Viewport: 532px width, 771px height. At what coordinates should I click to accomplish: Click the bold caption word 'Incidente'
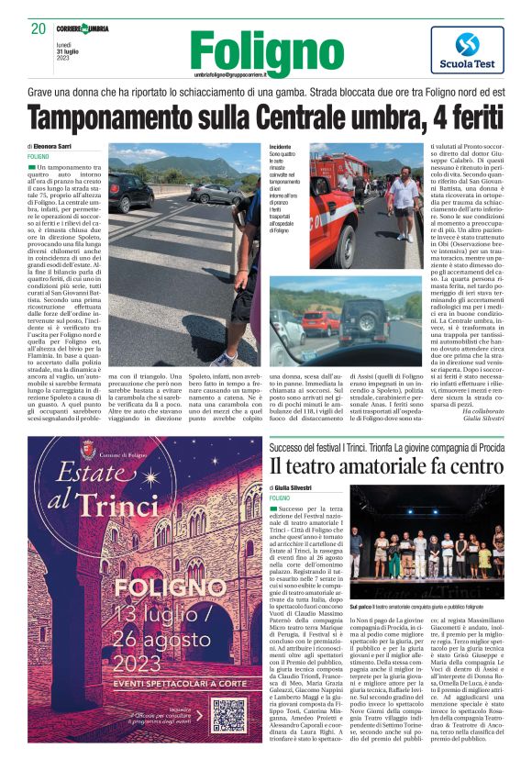point(282,146)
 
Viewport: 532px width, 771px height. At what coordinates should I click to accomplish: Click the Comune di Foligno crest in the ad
point(89,448)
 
